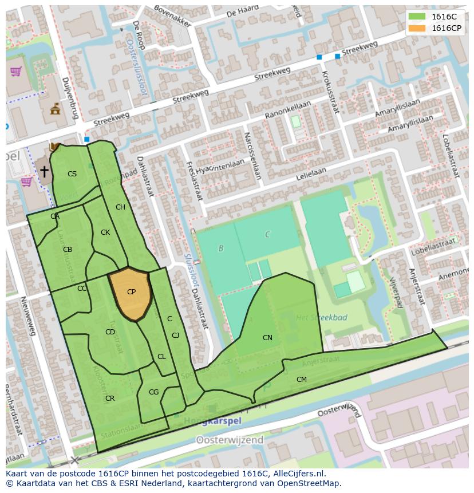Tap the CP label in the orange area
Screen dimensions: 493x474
pyautogui.click(x=131, y=292)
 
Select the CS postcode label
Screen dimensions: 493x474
pyautogui.click(x=72, y=174)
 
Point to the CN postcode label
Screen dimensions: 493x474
pyautogui.click(x=267, y=337)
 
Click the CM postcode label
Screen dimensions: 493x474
pyautogui.click(x=301, y=380)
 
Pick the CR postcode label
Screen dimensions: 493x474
pyautogui.click(x=110, y=399)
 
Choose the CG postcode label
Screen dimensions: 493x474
pyautogui.click(x=153, y=392)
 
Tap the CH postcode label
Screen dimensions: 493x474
pyautogui.click(x=120, y=207)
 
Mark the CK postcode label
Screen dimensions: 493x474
pyautogui.click(x=105, y=232)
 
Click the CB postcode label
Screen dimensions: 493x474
pyautogui.click(x=68, y=250)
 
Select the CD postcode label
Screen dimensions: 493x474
pyautogui.click(x=110, y=332)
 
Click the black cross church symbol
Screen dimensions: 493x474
pyautogui.click(x=44, y=171)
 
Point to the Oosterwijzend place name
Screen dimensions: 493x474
pyautogui.click(x=230, y=440)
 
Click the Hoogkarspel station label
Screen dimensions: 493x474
pyautogui.click(x=214, y=421)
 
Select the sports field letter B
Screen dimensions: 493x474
pyautogui.click(x=221, y=248)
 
